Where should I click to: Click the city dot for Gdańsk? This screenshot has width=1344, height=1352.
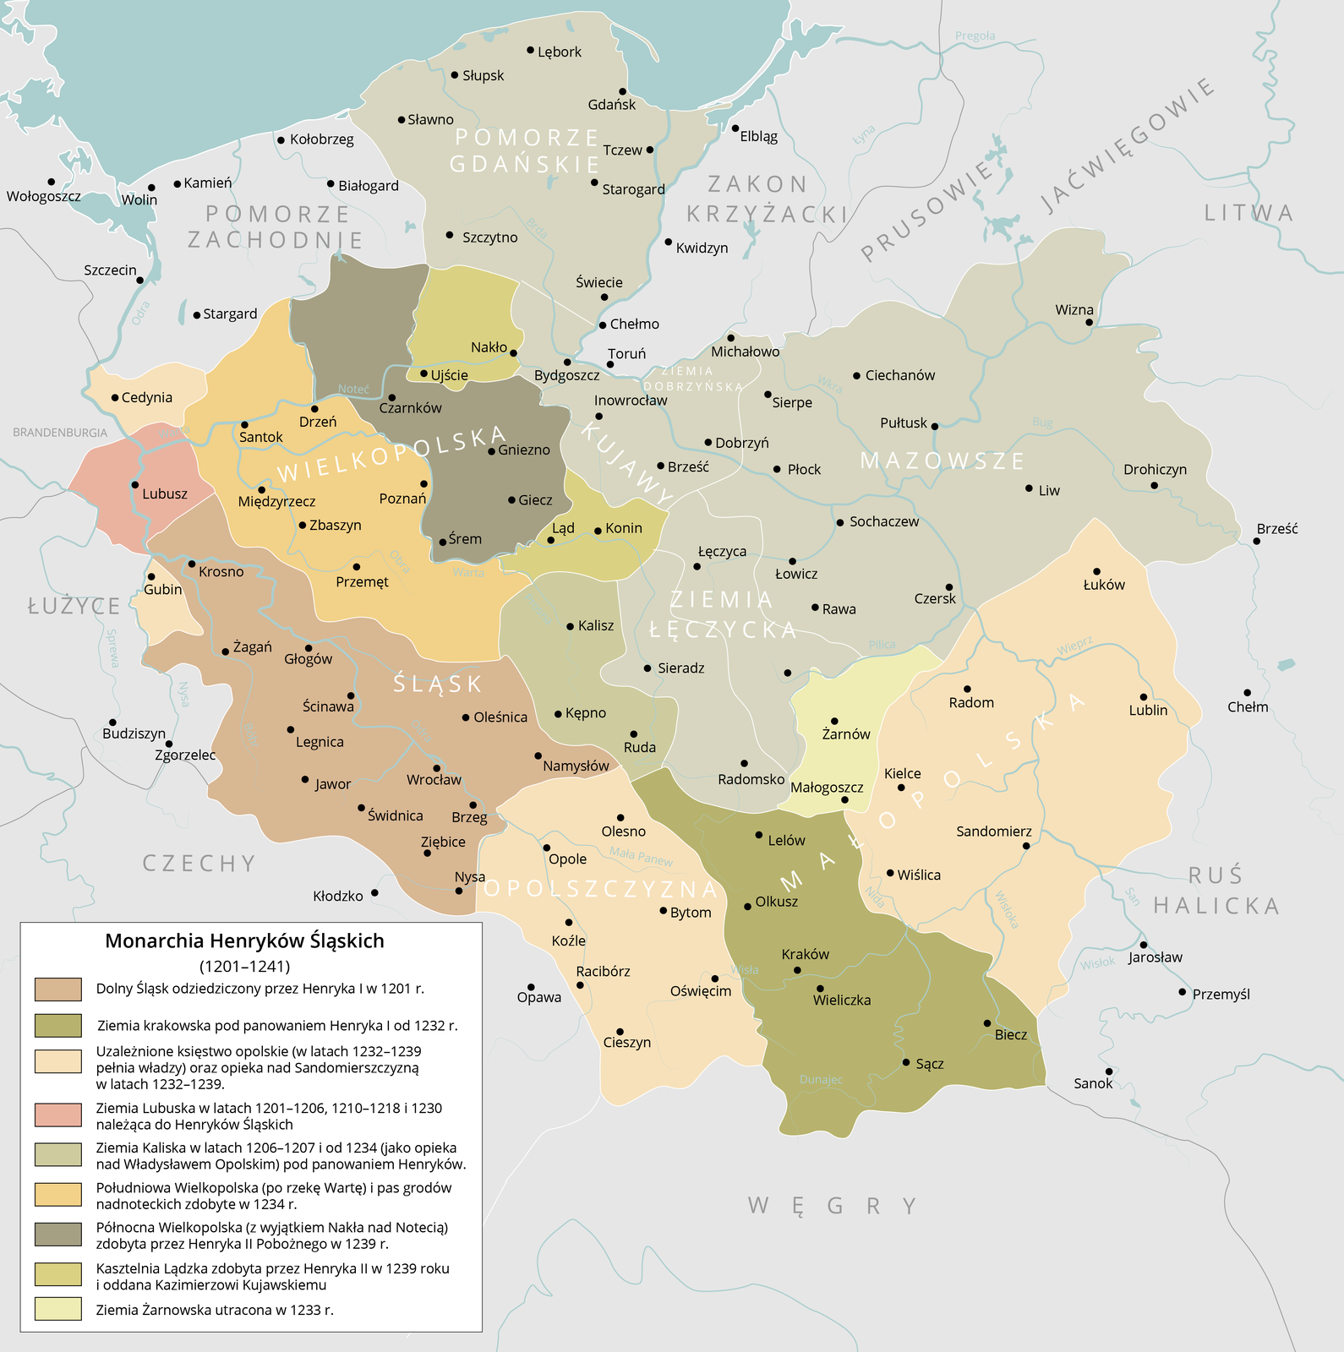[x=622, y=91]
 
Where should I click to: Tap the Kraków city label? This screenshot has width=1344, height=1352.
[x=805, y=954]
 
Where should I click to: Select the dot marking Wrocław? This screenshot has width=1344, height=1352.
[x=437, y=768]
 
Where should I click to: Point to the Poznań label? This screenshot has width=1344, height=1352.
[x=402, y=499]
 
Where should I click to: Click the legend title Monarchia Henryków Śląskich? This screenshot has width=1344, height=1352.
[x=244, y=940]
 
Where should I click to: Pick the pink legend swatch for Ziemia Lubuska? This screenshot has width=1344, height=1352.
[x=58, y=1115]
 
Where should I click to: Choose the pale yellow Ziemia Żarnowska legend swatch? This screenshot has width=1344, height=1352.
[x=58, y=1310]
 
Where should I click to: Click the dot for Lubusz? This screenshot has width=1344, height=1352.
[x=134, y=485]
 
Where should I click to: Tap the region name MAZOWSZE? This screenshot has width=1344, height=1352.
[x=942, y=461]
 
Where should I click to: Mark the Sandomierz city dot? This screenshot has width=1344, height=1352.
[x=1026, y=845]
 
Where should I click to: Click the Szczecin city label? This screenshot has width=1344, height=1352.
[x=110, y=270]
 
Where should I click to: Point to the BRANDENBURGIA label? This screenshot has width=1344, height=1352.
[x=60, y=433]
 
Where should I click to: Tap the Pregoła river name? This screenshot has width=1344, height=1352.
[x=975, y=36]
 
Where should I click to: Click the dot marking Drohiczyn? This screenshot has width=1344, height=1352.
[x=1154, y=485]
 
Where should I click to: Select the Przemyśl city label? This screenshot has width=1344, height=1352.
[x=1221, y=994]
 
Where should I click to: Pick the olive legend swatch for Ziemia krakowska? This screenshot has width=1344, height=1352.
[x=58, y=1025]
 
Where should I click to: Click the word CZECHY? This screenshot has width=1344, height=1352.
[x=199, y=864]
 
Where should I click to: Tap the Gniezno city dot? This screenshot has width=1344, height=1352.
[x=491, y=451]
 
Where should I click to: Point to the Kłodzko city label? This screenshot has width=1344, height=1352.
[x=338, y=896]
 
